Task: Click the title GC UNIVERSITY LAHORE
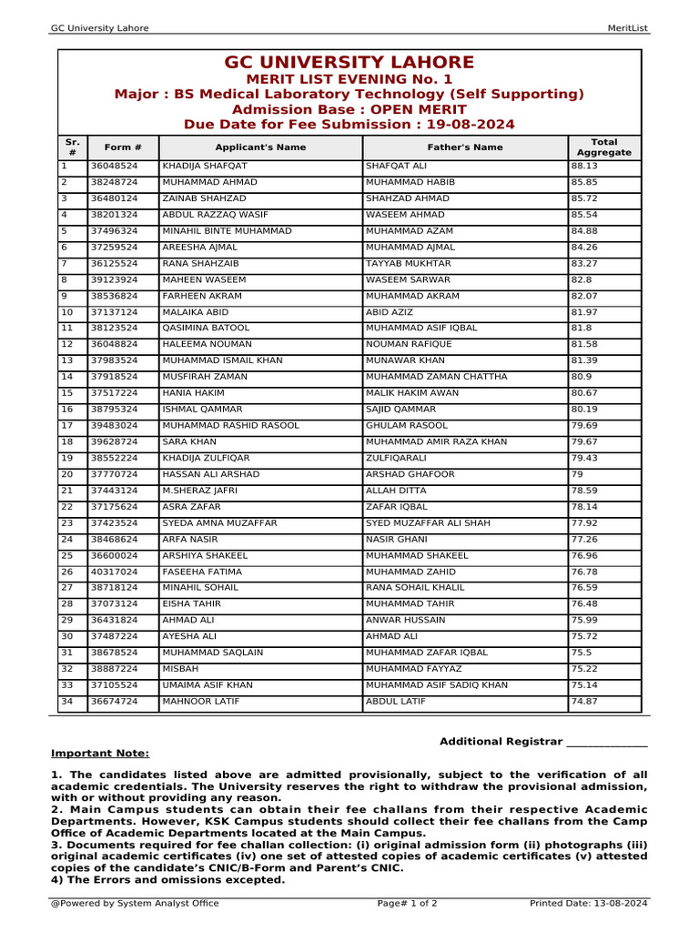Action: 349,63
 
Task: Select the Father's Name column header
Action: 464,147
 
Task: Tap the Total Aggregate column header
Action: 603,147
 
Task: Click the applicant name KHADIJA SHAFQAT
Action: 204,167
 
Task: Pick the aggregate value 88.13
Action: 584,167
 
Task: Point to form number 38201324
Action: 114,215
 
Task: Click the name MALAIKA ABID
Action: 195,312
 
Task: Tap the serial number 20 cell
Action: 66,475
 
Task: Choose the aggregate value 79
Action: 577,475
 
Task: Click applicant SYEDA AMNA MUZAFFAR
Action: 219,523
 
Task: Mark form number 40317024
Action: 114,572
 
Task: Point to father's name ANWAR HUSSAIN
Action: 406,621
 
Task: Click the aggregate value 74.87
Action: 584,702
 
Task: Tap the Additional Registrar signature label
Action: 543,742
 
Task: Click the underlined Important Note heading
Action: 100,754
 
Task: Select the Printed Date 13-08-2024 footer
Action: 588,904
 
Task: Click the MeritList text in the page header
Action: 627,28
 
